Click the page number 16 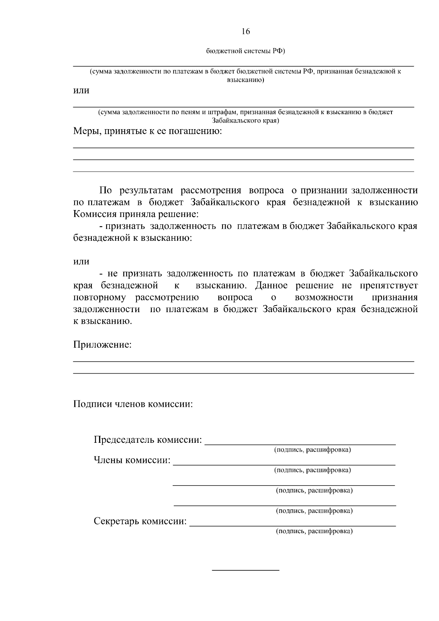pyautogui.click(x=245, y=32)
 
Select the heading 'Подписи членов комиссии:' pyautogui.click(x=133, y=404)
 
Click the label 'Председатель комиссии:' pyautogui.click(x=148, y=439)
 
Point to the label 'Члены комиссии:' pyautogui.click(x=132, y=460)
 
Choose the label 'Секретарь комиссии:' pyautogui.click(x=140, y=521)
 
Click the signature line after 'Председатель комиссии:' pyautogui.click(x=300, y=444)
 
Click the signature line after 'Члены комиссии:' pyautogui.click(x=284, y=464)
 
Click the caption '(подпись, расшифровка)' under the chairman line pyautogui.click(x=312, y=450)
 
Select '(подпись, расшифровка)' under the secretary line pyautogui.click(x=314, y=531)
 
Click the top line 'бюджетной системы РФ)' pyautogui.click(x=245, y=51)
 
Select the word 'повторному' pyautogui.click(x=100, y=297)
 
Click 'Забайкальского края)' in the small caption pyautogui.click(x=245, y=120)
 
